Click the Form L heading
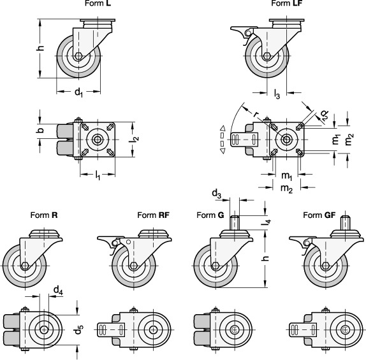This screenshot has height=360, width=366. point(98,3)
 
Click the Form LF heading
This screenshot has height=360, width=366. point(287,3)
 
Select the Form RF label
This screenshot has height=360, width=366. point(154,215)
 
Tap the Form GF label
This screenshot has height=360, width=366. point(319,215)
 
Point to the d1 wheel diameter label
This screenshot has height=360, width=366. point(78,92)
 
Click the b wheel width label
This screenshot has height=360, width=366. point(40,130)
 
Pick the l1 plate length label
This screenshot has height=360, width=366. point(98,175)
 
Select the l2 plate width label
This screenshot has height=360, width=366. point(135,139)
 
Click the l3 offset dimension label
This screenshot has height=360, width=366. point(277,94)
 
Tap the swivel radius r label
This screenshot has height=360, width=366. point(256,114)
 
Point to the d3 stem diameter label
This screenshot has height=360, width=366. point(216,194)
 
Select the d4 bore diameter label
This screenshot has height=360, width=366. point(59,291)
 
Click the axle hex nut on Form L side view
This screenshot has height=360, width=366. point(78,56)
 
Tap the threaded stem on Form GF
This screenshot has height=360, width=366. point(346,222)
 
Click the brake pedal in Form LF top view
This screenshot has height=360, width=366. point(244,140)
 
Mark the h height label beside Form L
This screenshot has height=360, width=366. point(41,48)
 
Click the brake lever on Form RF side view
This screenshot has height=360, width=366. point(108,240)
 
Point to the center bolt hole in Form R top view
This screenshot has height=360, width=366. point(44,329)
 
